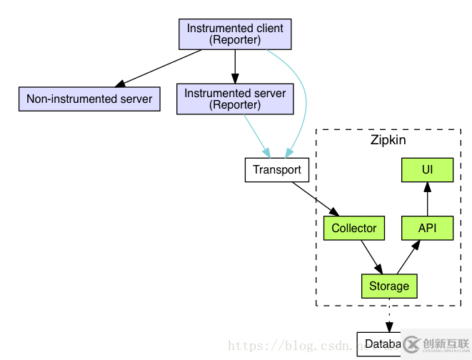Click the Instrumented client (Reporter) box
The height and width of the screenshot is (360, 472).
(x=235, y=34)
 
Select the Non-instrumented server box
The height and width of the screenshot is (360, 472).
(x=89, y=99)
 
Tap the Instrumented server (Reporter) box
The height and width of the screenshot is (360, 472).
(x=235, y=99)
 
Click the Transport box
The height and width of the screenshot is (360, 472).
(x=277, y=171)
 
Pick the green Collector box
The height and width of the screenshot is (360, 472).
(x=353, y=229)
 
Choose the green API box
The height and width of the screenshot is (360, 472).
(x=427, y=229)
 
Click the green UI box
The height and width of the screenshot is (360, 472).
(x=427, y=170)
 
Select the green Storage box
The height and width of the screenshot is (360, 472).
(x=389, y=286)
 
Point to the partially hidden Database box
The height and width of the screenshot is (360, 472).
(x=378, y=344)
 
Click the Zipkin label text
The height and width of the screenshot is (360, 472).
(x=388, y=140)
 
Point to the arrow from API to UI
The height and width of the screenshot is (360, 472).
(x=427, y=200)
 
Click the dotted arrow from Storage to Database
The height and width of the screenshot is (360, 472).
(x=389, y=314)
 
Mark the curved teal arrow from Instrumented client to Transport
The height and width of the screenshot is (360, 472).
(x=304, y=100)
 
